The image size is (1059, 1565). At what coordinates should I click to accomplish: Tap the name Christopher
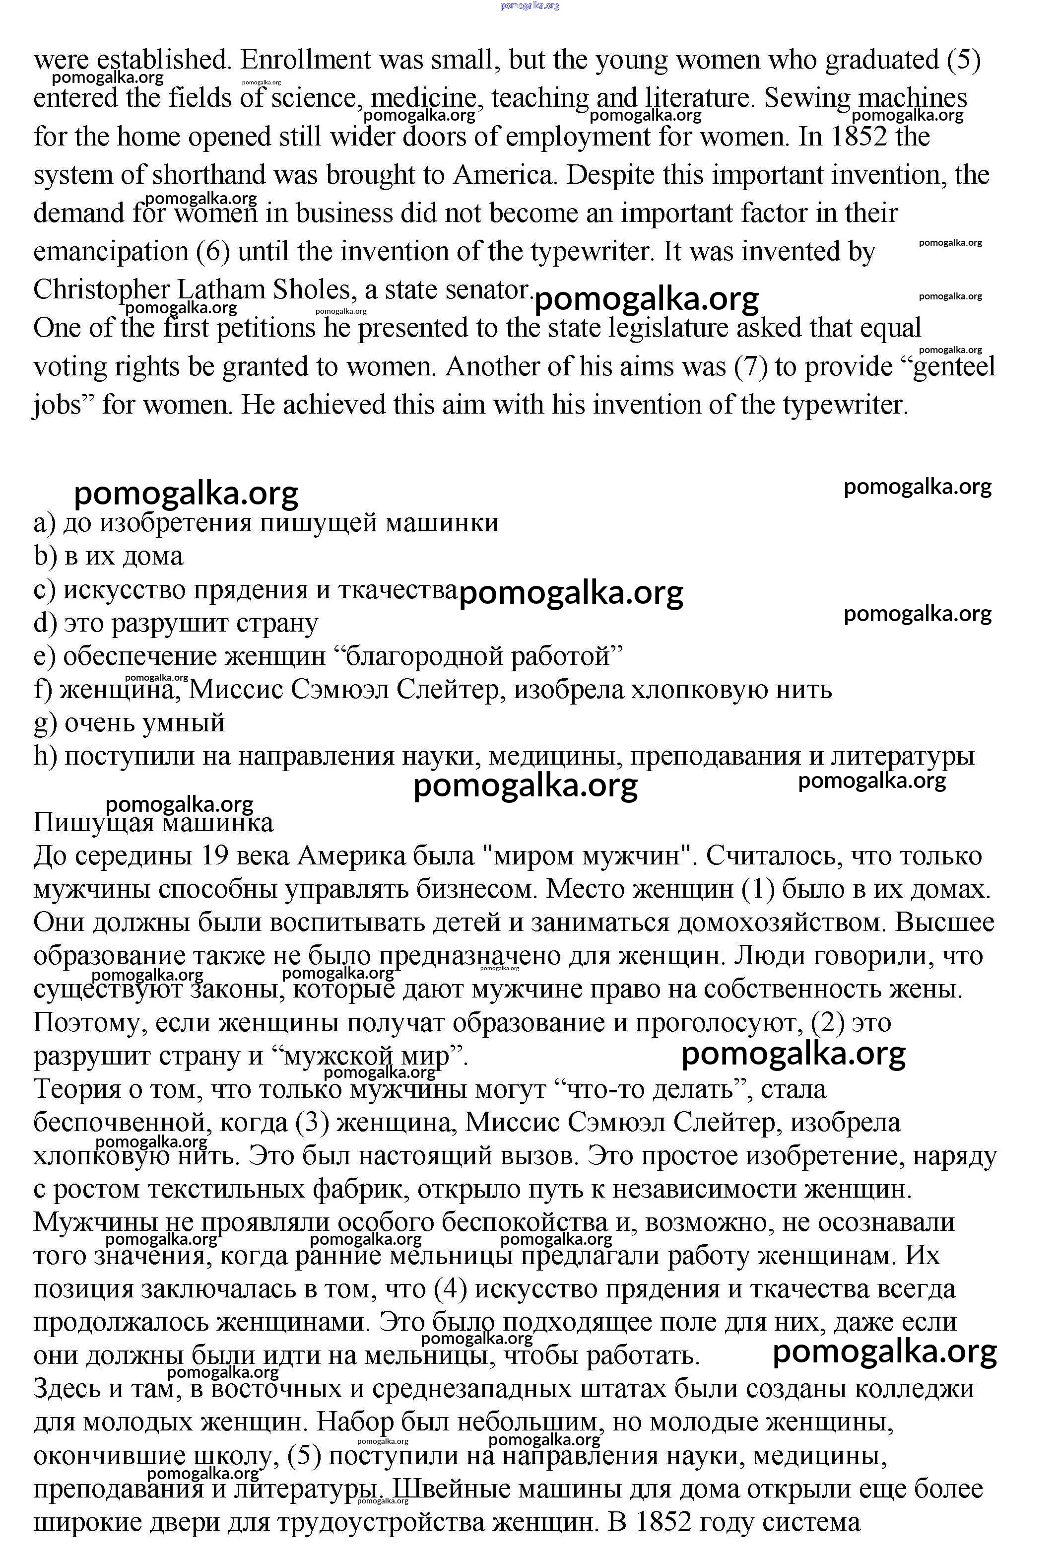pos(101,290)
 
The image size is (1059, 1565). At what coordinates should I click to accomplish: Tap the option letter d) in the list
pos(45,624)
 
